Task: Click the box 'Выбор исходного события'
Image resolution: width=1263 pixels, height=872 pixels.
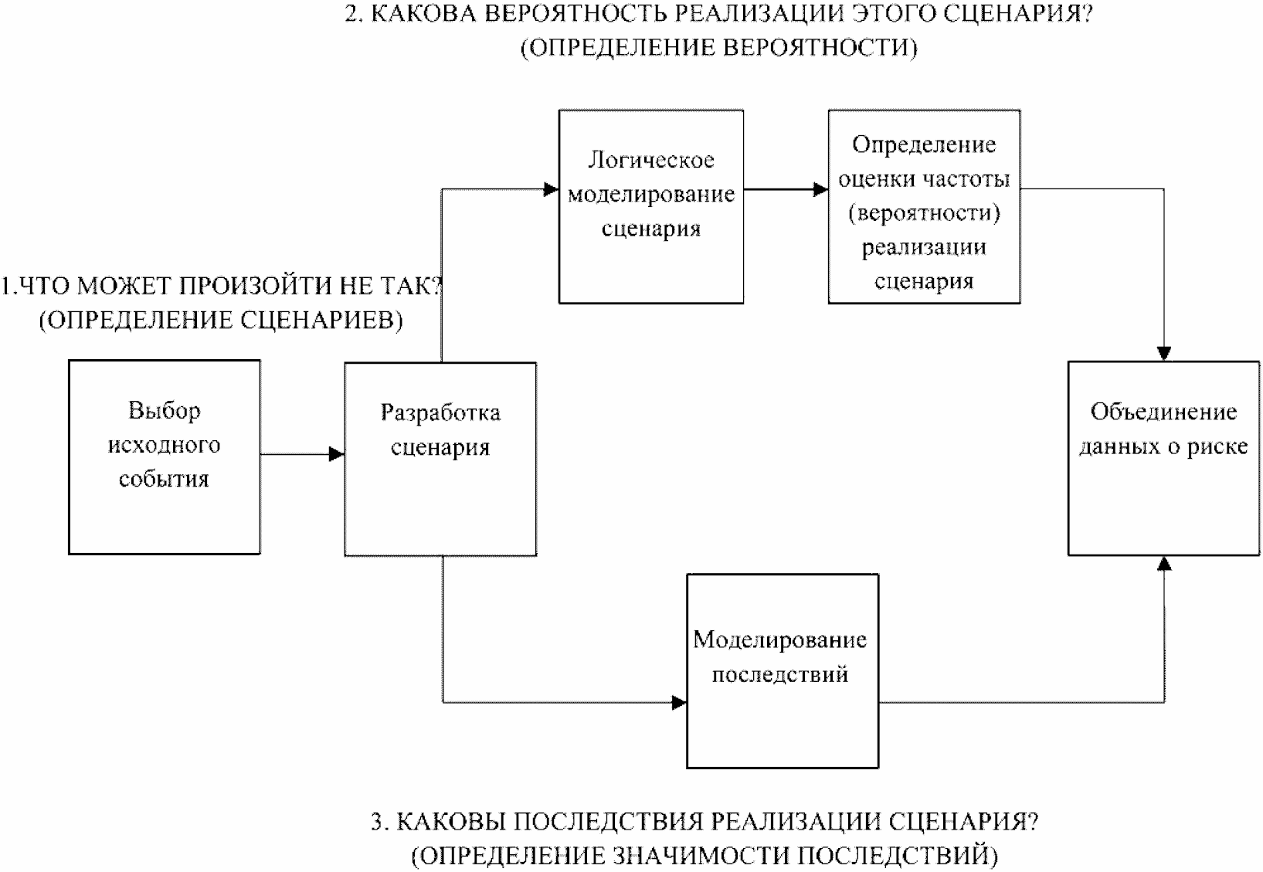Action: coord(164,456)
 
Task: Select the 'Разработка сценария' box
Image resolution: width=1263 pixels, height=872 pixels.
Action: coord(440,460)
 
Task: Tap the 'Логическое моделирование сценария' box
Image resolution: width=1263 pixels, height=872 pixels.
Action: coord(650,206)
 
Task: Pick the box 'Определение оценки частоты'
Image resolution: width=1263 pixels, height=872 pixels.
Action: coord(923,206)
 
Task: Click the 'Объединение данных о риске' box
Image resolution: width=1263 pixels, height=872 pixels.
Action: coord(1163,457)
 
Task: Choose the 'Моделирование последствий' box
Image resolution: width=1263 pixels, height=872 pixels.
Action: coord(782,670)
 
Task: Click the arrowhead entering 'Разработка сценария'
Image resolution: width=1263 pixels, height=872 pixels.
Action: coord(337,454)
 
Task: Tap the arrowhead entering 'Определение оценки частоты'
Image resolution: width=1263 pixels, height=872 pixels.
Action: coord(820,189)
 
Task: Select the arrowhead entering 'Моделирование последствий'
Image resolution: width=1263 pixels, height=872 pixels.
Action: coord(679,702)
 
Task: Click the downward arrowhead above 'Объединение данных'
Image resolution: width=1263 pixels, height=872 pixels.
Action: coord(1164,353)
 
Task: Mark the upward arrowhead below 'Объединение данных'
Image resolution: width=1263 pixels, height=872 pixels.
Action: coord(1164,564)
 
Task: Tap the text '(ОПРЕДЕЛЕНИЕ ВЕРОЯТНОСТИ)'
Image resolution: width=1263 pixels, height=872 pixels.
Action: coord(719,48)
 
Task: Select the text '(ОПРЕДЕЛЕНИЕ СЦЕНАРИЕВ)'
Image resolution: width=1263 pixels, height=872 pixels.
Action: coord(221,320)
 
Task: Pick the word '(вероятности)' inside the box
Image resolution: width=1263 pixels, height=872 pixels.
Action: coord(924,213)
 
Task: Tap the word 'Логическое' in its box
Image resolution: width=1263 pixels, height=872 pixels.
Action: coord(650,161)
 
